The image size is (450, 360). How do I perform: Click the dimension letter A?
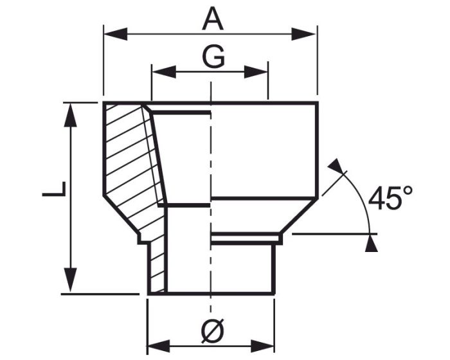tap(213, 19)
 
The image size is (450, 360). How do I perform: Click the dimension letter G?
tap(213, 57)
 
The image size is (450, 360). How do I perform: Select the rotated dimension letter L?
tap(54, 189)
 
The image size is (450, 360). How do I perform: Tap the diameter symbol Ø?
tap(212, 331)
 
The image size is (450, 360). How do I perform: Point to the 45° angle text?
tap(391, 198)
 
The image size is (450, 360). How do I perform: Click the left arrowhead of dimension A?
tap(115, 34)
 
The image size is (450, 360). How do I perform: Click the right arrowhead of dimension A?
tap(303, 34)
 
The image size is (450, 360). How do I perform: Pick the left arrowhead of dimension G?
tap(164, 72)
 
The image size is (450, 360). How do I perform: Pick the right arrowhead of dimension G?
tap(256, 72)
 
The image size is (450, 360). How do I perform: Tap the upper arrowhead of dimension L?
tap(70, 114)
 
